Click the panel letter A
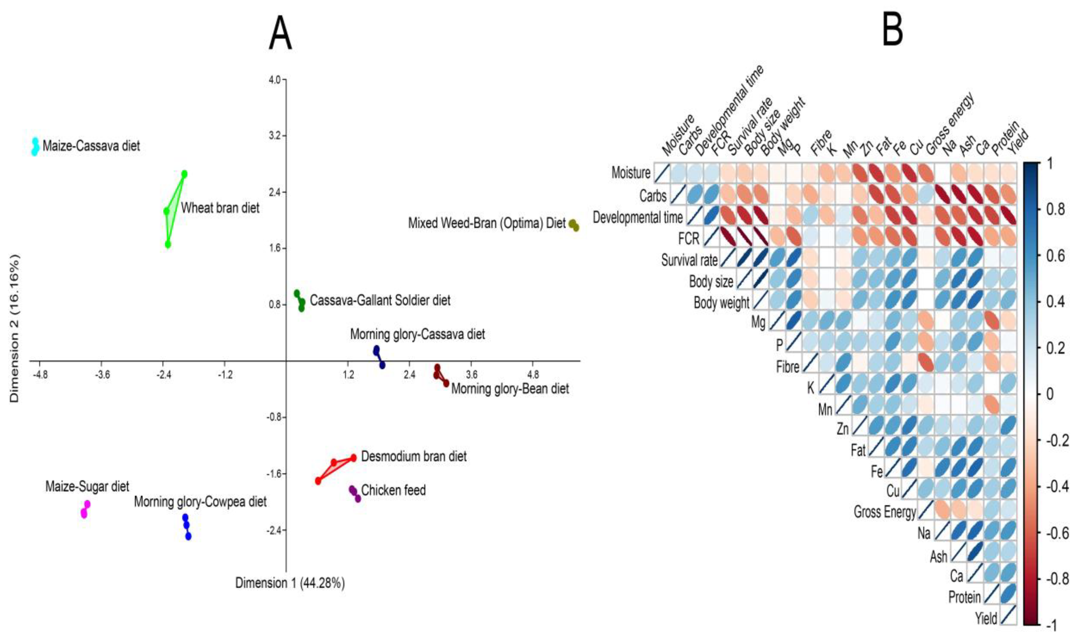click(280, 33)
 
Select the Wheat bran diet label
click(220, 208)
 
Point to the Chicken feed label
click(393, 490)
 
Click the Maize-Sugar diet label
click(87, 487)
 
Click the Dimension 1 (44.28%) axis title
click(290, 583)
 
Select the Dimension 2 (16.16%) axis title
click(15, 328)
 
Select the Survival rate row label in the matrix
click(689, 260)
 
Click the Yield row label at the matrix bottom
click(986, 619)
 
